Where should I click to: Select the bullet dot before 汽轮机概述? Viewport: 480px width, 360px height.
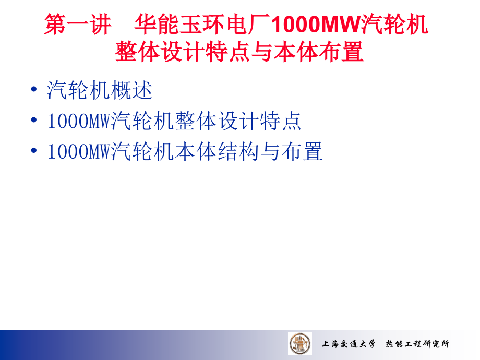(34, 90)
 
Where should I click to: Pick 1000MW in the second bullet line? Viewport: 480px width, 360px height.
(79, 122)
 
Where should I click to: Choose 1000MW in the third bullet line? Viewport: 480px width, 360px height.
(79, 152)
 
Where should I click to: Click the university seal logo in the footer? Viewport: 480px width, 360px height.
(300, 343)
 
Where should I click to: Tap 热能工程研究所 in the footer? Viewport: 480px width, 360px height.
(417, 344)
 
